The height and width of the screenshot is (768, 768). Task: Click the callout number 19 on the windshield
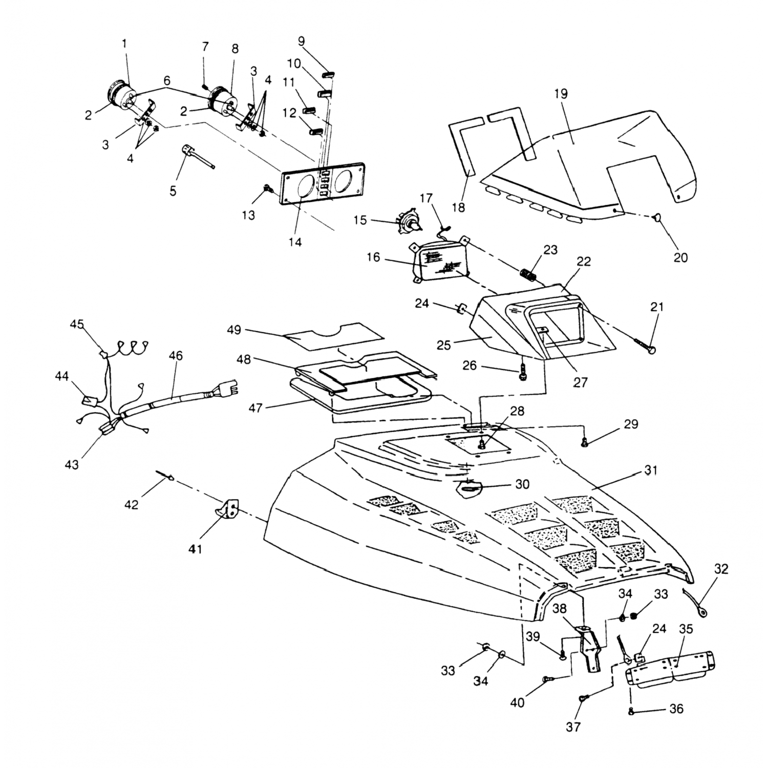coord(561,94)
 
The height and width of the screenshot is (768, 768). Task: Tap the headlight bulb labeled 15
coord(410,221)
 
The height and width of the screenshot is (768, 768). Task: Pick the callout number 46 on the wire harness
coord(175,355)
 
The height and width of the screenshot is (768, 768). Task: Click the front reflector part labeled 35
coord(670,667)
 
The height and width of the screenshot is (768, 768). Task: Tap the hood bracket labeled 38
coord(590,648)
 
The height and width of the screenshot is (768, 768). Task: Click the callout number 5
coord(173,191)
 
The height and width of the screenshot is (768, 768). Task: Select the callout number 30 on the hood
coord(522,484)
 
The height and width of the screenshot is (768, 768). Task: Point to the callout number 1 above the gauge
coord(124,44)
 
